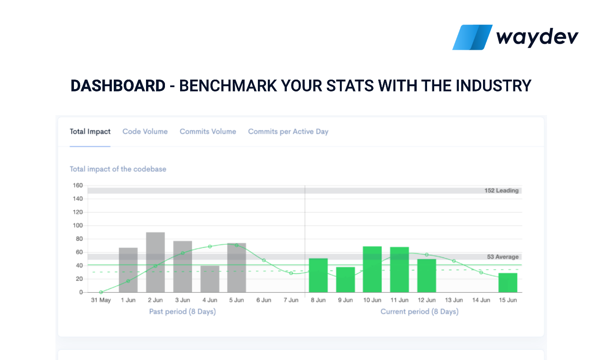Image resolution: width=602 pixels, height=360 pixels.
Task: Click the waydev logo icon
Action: (472, 37)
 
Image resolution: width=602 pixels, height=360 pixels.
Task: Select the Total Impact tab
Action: (90, 132)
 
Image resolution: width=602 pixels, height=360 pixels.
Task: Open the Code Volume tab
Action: (145, 132)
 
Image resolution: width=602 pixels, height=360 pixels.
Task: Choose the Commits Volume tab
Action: (208, 132)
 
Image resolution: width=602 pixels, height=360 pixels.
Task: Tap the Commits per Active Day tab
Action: (288, 132)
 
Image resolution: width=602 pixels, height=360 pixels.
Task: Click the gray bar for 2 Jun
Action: (155, 262)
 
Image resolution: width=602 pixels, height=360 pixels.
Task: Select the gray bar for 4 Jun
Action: (210, 279)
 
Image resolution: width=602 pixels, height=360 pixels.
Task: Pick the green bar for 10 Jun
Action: (372, 270)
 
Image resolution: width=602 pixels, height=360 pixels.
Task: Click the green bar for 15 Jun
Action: (508, 283)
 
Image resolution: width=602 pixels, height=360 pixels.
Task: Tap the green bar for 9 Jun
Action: (346, 280)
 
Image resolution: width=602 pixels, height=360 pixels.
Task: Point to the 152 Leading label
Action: (502, 190)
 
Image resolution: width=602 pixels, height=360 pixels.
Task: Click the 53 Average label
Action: (502, 257)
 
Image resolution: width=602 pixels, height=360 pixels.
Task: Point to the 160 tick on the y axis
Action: (77, 185)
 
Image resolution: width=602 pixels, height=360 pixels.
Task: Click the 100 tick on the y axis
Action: (77, 225)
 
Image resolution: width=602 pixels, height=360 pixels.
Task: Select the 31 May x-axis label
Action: (100, 300)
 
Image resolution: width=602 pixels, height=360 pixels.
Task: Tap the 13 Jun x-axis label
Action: (454, 300)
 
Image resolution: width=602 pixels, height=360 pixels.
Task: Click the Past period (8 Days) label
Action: (182, 312)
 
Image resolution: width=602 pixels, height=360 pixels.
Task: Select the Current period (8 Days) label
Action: (420, 312)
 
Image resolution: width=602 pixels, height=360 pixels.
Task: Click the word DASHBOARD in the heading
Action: (118, 86)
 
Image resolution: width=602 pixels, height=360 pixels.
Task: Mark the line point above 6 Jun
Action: (264, 261)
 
